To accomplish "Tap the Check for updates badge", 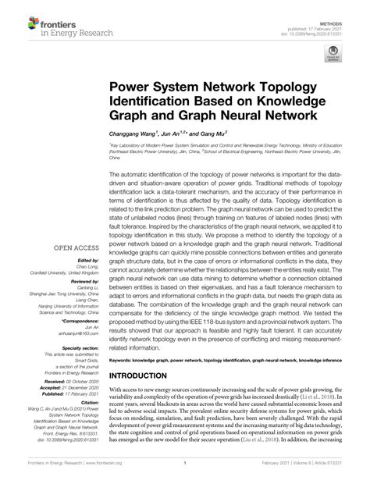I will pos(333,55).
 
